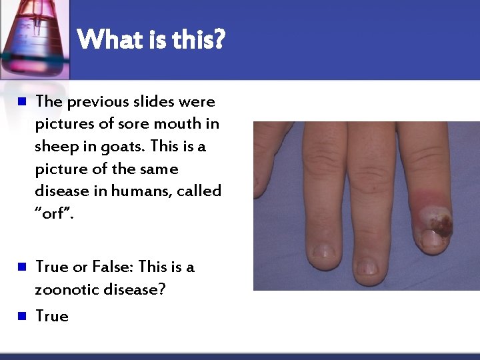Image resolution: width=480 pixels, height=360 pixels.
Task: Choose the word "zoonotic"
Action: [x=66, y=289]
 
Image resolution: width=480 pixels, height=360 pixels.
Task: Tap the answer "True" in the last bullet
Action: [x=51, y=316]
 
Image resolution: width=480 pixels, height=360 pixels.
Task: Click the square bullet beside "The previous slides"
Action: [x=21, y=103]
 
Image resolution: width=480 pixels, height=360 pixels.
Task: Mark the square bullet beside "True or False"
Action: [x=21, y=267]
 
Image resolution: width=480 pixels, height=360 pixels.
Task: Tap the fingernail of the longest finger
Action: [x=366, y=267]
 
